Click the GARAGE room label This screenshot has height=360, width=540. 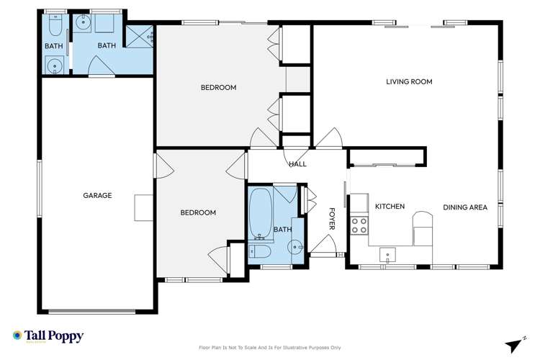pyautogui.click(x=97, y=195)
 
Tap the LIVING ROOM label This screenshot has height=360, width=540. pyautogui.click(x=409, y=82)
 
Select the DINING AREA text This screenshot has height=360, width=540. pyautogui.click(x=465, y=207)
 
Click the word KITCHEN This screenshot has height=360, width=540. pyautogui.click(x=390, y=207)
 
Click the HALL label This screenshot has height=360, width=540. pyautogui.click(x=297, y=164)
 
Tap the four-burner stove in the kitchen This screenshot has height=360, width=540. pyautogui.click(x=359, y=225)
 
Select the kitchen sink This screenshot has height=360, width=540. pyautogui.click(x=388, y=254)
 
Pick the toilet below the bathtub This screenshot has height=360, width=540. pyautogui.click(x=260, y=251)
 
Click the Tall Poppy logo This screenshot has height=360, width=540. pyautogui.click(x=48, y=336)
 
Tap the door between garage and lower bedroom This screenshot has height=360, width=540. pyautogui.click(x=163, y=166)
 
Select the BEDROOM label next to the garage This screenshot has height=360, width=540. pyautogui.click(x=198, y=212)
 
